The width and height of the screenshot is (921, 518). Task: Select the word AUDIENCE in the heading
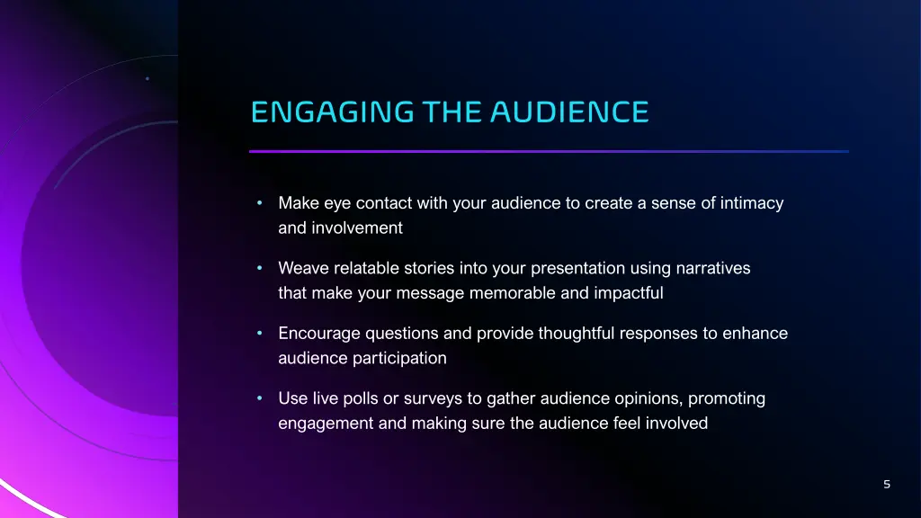click(x=569, y=112)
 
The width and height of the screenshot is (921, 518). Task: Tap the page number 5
click(x=887, y=485)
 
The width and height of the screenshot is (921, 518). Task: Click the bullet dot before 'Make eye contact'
click(x=258, y=203)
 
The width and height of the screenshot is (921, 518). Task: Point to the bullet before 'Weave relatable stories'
click(x=258, y=268)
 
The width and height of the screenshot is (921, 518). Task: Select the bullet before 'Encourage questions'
click(x=258, y=334)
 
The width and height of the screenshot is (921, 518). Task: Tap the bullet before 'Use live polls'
click(x=258, y=398)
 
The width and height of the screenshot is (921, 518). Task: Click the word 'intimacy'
click(x=752, y=203)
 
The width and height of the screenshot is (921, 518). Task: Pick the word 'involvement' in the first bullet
click(x=357, y=228)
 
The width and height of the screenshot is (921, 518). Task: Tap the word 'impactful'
click(x=628, y=293)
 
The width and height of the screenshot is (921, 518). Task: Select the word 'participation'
click(x=402, y=359)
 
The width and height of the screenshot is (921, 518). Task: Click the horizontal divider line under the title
click(x=549, y=151)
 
